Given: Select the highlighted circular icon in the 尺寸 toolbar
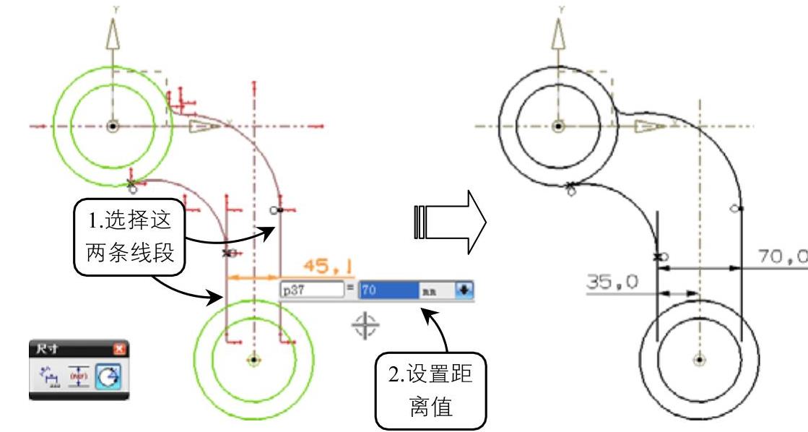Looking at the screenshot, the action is point(115,375).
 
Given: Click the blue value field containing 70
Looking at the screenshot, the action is point(388,290).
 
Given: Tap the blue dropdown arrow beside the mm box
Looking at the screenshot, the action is point(464,290).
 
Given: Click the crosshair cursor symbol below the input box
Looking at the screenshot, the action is point(365,326).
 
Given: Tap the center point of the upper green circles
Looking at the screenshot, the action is point(112,126).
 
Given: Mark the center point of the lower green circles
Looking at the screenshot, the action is point(253,358).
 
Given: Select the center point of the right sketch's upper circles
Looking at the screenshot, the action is point(557,126).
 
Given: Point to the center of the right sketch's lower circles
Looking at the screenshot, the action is point(698,358).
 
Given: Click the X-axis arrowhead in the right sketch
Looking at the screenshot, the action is point(651,126).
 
